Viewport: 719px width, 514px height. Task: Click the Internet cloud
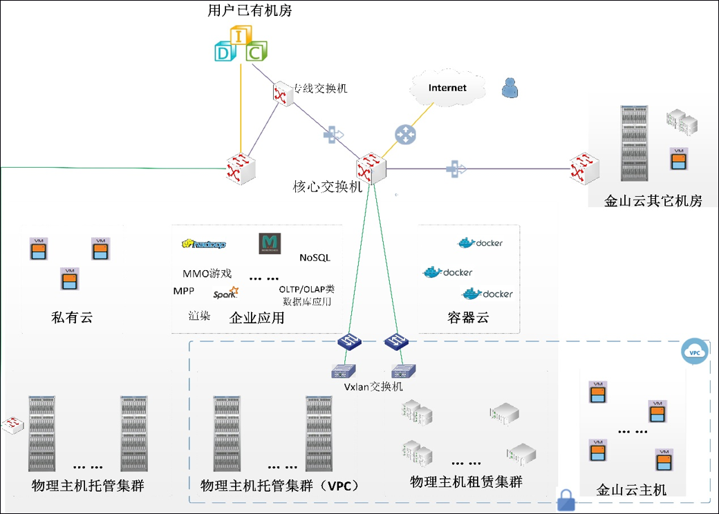pyautogui.click(x=447, y=88)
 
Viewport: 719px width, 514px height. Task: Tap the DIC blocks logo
pyautogui.click(x=239, y=45)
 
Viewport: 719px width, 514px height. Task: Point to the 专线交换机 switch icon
pyautogui.click(x=282, y=93)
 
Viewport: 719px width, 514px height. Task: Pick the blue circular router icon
pyautogui.click(x=406, y=134)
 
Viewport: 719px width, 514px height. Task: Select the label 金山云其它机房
pyautogui.click(x=653, y=201)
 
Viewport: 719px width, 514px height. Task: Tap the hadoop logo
pyautogui.click(x=204, y=244)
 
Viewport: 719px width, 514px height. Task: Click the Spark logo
pyautogui.click(x=226, y=293)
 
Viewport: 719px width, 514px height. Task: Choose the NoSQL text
pyautogui.click(x=315, y=258)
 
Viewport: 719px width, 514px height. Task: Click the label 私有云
pyautogui.click(x=72, y=318)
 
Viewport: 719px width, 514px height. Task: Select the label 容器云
pyautogui.click(x=468, y=318)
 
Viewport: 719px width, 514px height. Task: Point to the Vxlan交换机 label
pyautogui.click(x=373, y=387)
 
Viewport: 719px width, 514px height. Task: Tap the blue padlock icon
pyautogui.click(x=566, y=500)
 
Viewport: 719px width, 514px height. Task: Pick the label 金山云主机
pyautogui.click(x=631, y=490)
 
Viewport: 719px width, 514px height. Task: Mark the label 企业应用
pyautogui.click(x=256, y=318)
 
